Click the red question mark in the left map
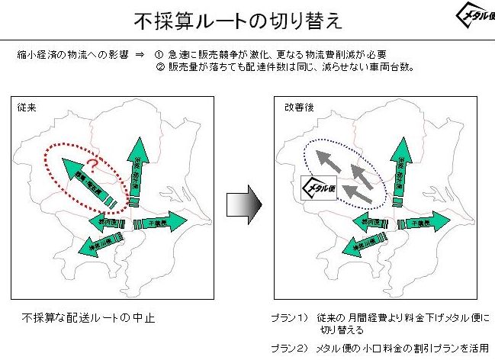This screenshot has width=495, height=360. [x=92, y=164]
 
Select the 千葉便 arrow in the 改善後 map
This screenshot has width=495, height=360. [x=416, y=223]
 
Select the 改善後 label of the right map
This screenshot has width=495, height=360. [x=296, y=108]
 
